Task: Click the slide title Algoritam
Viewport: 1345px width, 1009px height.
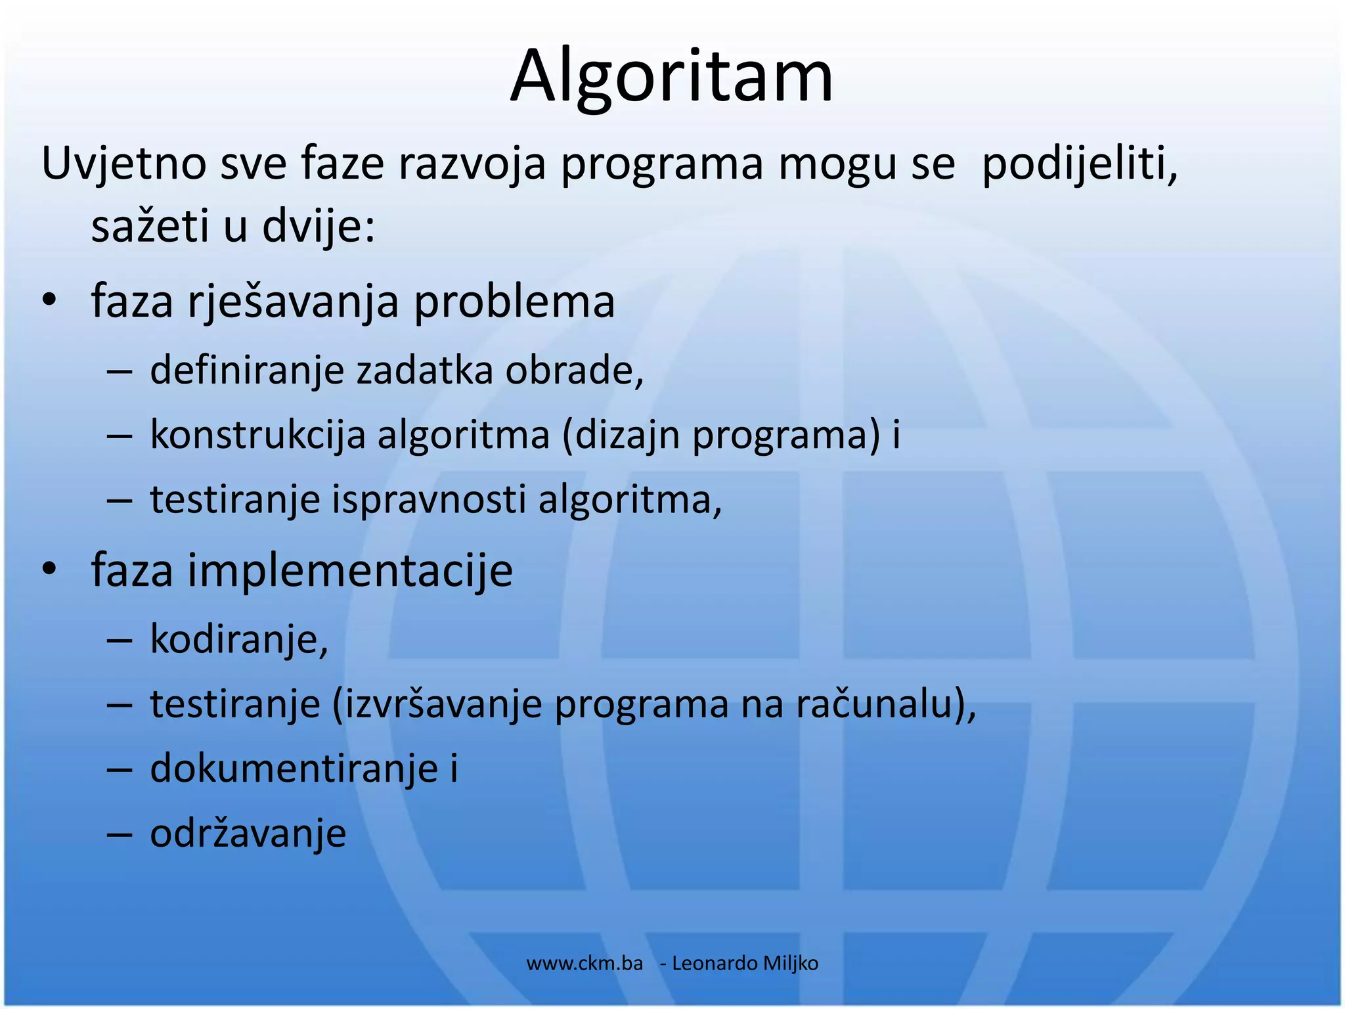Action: point(671,76)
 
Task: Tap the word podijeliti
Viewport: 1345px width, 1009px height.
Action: point(1079,164)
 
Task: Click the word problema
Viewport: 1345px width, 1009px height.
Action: point(514,302)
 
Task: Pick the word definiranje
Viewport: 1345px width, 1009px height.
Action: point(247,370)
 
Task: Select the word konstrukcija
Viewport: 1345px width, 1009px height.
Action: point(257,435)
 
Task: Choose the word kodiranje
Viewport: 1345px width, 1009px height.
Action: point(238,639)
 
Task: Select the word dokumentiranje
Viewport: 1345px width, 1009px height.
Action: point(294,768)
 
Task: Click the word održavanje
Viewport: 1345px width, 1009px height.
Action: point(248,833)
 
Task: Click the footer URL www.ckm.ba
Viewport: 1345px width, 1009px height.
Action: point(584,963)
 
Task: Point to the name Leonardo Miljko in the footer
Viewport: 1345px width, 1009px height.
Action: point(745,963)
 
